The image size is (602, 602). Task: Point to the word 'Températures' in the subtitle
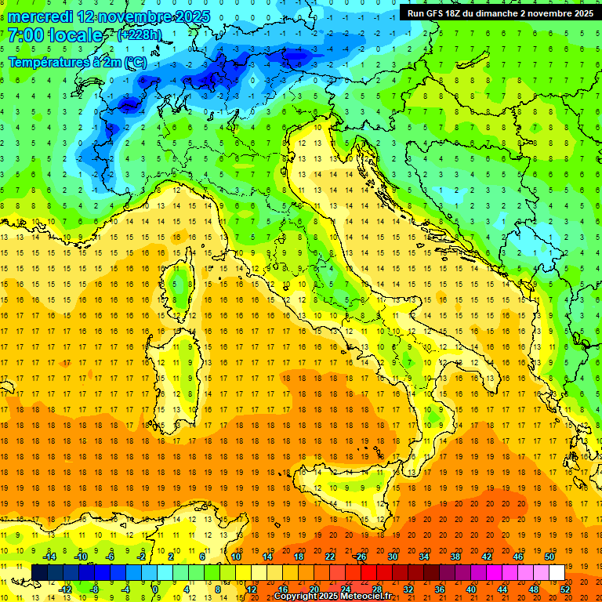tap(48, 62)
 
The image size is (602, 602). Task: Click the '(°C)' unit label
tap(132, 62)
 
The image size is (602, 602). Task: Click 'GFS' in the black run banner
tap(444, 13)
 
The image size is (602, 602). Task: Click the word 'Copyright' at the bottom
tap(296, 597)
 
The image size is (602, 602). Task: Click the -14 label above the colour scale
tap(51, 557)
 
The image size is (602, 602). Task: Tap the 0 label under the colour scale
tap(155, 589)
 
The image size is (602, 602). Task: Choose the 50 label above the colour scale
tap(549, 557)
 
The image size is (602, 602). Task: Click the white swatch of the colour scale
tap(557, 572)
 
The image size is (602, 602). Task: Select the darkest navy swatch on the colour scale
tap(39, 572)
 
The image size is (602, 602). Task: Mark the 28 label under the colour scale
tap(377, 589)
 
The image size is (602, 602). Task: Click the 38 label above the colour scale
tap(455, 557)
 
